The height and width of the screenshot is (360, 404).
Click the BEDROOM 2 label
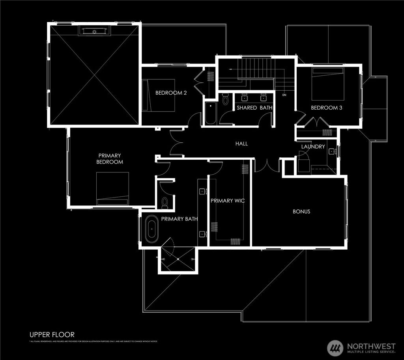point(171,93)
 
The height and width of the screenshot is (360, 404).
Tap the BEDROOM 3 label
point(326,108)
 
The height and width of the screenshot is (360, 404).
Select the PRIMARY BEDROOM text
point(110,159)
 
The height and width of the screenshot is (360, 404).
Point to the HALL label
point(241,144)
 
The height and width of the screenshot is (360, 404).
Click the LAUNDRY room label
point(313,147)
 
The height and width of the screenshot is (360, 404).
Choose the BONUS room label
point(301,211)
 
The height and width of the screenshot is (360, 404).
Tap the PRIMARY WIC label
point(228,201)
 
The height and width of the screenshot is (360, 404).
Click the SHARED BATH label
point(254,108)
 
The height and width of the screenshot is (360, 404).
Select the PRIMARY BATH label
point(179,219)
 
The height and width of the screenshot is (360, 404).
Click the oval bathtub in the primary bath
point(151,229)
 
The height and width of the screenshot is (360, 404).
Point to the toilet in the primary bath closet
point(165,202)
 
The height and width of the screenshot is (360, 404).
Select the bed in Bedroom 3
point(328,84)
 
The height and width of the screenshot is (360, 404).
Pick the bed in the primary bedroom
point(112,188)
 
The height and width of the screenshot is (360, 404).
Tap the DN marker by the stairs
point(284,95)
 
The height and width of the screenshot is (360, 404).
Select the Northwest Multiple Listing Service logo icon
point(335,347)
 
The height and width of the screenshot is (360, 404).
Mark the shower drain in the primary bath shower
point(178,259)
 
